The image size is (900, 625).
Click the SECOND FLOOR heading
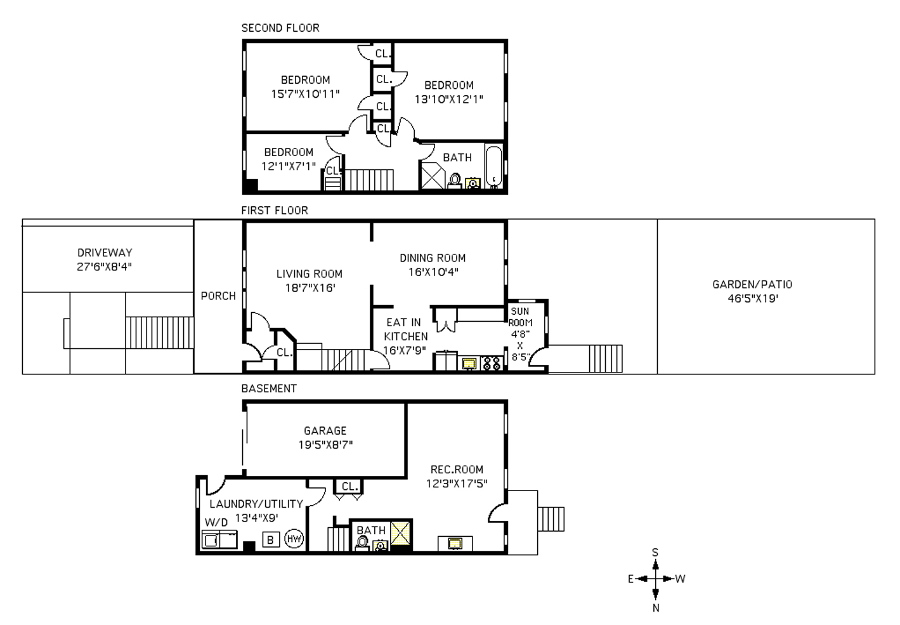tap(280, 28)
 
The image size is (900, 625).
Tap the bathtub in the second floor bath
tap(494, 167)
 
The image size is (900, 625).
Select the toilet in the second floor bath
tap(455, 181)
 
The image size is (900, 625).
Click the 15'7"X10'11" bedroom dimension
tap(305, 94)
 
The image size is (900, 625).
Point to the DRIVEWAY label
tap(105, 253)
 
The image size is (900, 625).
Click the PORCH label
tap(218, 296)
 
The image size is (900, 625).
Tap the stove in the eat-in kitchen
tap(492, 364)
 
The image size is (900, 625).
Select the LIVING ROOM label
tap(310, 274)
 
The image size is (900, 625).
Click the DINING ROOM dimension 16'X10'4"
tap(434, 272)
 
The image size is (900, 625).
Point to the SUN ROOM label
tap(520, 317)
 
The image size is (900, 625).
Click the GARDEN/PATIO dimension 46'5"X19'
tap(753, 299)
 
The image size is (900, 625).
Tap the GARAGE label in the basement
tap(325, 431)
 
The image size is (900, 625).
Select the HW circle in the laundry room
tap(294, 539)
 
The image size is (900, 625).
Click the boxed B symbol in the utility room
tap(270, 539)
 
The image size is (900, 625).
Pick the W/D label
tap(216, 522)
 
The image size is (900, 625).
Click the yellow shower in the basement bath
tap(401, 534)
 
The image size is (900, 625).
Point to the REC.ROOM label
tap(457, 470)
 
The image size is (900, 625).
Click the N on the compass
tap(656, 608)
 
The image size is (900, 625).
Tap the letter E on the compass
tap(631, 579)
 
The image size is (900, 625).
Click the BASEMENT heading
tap(269, 389)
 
